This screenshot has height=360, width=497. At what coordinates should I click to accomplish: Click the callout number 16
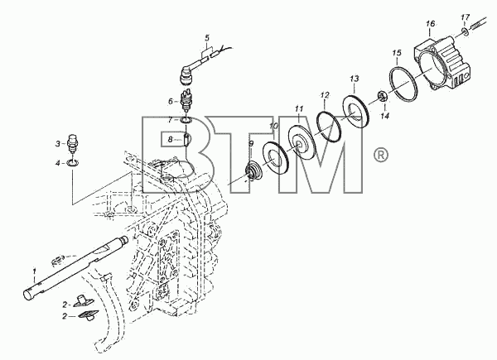431,24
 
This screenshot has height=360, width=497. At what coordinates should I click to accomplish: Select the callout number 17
465,17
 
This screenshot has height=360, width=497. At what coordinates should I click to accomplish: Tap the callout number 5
207,38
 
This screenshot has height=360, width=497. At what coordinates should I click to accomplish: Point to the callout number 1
34,271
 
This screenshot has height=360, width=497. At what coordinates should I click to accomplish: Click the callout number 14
384,116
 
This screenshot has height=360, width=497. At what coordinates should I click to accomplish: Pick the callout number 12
325,94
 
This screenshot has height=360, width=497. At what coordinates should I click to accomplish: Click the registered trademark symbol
380,155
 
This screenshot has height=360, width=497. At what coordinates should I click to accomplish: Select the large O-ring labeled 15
403,83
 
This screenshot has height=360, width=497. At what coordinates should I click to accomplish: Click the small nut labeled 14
381,96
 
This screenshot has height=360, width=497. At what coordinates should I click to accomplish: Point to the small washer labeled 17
465,31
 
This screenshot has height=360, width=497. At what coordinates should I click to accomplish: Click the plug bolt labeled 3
74,143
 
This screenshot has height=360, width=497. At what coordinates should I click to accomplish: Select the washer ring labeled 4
73,164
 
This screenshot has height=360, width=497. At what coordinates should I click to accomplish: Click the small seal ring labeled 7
186,120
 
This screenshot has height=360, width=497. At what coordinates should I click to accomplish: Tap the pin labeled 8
186,139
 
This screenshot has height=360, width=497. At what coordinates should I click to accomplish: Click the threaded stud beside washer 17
479,24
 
